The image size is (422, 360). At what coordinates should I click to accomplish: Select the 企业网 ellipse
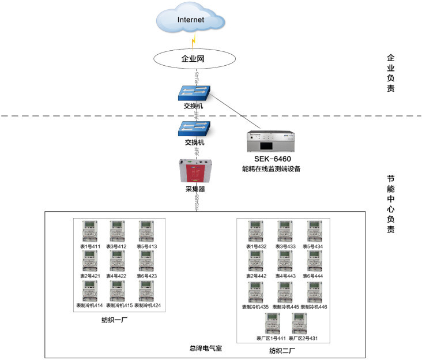pyautogui.click(x=194, y=58)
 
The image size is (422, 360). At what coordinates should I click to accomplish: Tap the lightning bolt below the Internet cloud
pyautogui.click(x=194, y=42)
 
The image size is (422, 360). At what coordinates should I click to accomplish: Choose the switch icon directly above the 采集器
pyautogui.click(x=194, y=128)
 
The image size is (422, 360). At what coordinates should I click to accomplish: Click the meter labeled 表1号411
pyautogui.click(x=89, y=232)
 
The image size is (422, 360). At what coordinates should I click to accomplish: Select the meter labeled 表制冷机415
pyautogui.click(x=119, y=291)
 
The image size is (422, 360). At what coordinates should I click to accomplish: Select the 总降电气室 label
pyautogui.click(x=206, y=348)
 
